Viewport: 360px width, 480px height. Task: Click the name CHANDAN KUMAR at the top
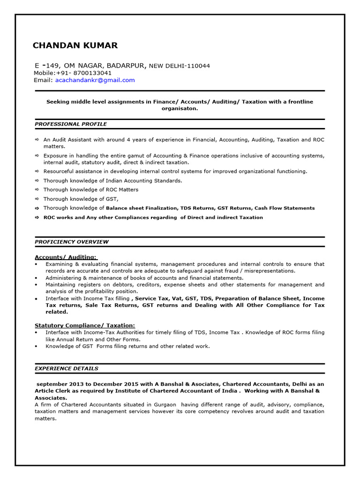point(75,45)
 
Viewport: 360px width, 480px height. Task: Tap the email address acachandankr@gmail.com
point(95,80)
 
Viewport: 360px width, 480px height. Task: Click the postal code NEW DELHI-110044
point(179,66)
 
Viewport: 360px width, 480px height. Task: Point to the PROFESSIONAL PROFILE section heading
point(71,124)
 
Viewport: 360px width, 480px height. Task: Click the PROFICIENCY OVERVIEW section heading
point(72,242)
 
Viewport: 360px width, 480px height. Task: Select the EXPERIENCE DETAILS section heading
point(67,368)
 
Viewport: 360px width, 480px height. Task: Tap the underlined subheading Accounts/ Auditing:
point(66,257)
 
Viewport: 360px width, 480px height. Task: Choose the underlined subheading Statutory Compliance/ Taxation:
point(85,325)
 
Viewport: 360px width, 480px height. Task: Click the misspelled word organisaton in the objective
point(180,108)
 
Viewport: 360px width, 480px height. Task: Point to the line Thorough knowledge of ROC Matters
point(91,190)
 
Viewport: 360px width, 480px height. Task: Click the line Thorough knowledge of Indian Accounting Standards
point(112,180)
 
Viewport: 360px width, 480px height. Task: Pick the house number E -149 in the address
point(47,66)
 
